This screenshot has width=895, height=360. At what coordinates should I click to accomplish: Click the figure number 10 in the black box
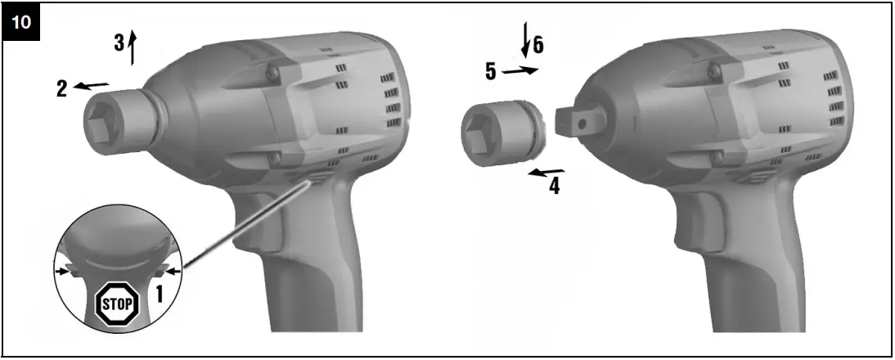click(22, 21)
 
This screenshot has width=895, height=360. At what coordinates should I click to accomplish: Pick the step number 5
click(490, 72)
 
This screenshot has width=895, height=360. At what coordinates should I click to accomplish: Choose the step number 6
click(538, 45)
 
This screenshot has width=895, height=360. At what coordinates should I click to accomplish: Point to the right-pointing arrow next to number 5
click(520, 71)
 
